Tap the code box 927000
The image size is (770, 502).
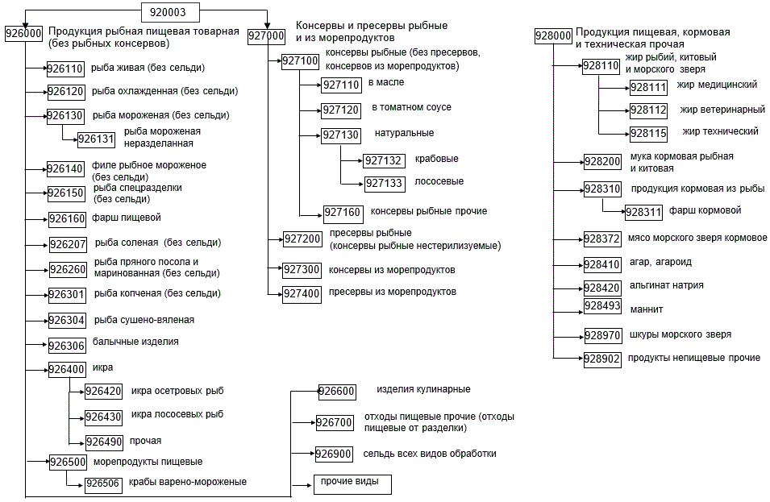tap(267, 35)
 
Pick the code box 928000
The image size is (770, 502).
tap(554, 35)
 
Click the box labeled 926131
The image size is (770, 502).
tap(97, 139)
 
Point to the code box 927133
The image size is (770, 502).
tap(385, 184)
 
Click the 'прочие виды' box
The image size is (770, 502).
tap(352, 483)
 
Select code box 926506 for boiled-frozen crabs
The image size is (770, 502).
tap(103, 483)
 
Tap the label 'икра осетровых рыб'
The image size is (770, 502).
tap(177, 391)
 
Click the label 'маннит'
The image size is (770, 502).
tap(647, 309)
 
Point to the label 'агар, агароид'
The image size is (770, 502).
tap(660, 262)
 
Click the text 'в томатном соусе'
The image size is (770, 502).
tap(411, 107)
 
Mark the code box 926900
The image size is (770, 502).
tap(334, 454)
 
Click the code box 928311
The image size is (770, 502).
tap(645, 213)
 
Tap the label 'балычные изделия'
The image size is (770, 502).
tap(135, 342)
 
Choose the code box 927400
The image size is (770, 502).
tap(302, 293)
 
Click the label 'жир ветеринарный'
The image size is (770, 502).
tap(722, 109)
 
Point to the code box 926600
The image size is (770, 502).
tap(336, 392)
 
